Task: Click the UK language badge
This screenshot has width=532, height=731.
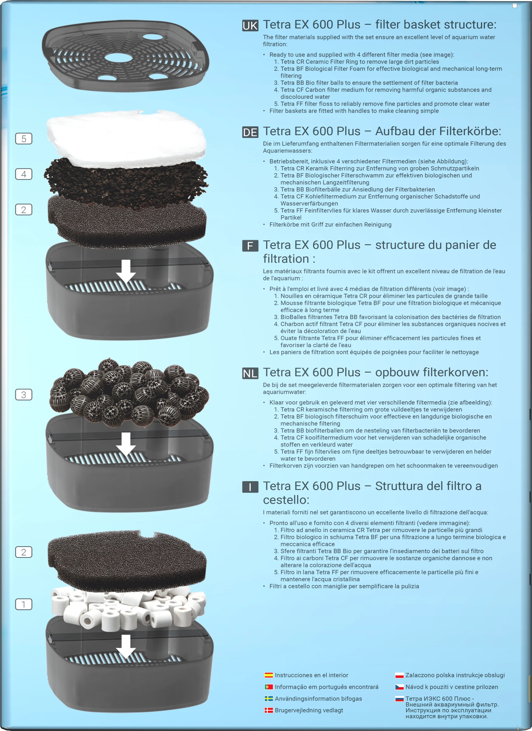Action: click(250, 26)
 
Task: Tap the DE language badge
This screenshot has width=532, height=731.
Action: click(250, 132)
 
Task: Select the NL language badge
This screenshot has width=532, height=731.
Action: click(250, 373)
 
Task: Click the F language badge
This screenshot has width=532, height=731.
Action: click(250, 246)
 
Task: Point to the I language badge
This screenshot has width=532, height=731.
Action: click(250, 487)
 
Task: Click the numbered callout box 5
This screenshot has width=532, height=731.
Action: click(24, 139)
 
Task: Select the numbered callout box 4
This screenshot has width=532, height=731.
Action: click(24, 174)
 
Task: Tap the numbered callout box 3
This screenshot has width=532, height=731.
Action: click(24, 395)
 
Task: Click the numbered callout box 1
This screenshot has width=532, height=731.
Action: click(24, 604)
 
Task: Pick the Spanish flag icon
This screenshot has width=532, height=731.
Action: click(269, 675)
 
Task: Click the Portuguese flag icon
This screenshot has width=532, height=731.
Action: click(269, 687)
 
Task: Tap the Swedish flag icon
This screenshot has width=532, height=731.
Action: click(269, 698)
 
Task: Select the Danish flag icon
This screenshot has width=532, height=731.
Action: click(269, 710)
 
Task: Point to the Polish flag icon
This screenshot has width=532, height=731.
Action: click(400, 675)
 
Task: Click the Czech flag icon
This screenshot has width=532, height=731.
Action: click(400, 687)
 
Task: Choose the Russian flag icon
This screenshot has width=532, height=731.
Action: click(400, 699)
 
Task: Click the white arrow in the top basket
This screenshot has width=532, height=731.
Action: click(126, 271)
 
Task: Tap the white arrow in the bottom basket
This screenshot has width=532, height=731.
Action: click(126, 646)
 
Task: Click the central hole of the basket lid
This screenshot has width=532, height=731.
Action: click(118, 58)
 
